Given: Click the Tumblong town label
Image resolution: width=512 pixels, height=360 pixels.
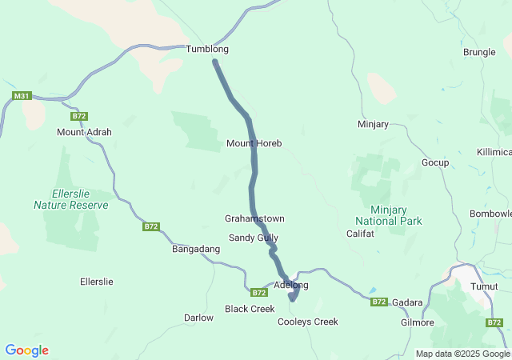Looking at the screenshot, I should pos(207,49).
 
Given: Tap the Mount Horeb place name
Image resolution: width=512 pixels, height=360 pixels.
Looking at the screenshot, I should pos(254,143).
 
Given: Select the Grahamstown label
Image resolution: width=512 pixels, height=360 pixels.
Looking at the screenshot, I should pos(254,218).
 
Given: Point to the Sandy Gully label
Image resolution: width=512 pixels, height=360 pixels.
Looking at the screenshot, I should pos(254,238).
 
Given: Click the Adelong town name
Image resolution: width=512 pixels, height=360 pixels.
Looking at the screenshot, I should pos(290,285).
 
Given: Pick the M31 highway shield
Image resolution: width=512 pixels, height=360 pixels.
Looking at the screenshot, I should pos(22,97).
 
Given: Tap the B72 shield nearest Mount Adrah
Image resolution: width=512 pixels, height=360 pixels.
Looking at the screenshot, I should pos(78,116).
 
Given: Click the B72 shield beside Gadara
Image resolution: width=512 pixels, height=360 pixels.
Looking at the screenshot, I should pos(379,302).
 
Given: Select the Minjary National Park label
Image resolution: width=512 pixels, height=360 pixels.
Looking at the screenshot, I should pos(389,214).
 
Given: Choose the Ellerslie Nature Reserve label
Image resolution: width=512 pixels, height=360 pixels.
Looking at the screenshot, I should pos(70,199).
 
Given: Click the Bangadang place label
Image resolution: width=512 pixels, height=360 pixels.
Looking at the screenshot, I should pos(196,250).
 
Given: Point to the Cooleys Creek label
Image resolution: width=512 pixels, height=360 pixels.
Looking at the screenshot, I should pos(307,322).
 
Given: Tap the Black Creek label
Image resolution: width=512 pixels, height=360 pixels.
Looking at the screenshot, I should pos(250,309).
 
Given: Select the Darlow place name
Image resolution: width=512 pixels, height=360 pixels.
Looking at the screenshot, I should pos(198,318).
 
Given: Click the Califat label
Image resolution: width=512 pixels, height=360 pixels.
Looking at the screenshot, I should pos(360,234).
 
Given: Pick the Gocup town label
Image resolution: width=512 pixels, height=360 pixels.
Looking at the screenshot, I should pos(435,162).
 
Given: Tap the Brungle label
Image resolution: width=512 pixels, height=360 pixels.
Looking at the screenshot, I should pos(479,52).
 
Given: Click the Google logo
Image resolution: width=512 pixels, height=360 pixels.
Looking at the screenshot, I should pos(26,350).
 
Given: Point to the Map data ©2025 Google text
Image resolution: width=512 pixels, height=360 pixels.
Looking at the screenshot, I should pos(462,354).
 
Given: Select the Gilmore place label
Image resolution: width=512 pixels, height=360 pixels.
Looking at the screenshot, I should pos(417,322).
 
